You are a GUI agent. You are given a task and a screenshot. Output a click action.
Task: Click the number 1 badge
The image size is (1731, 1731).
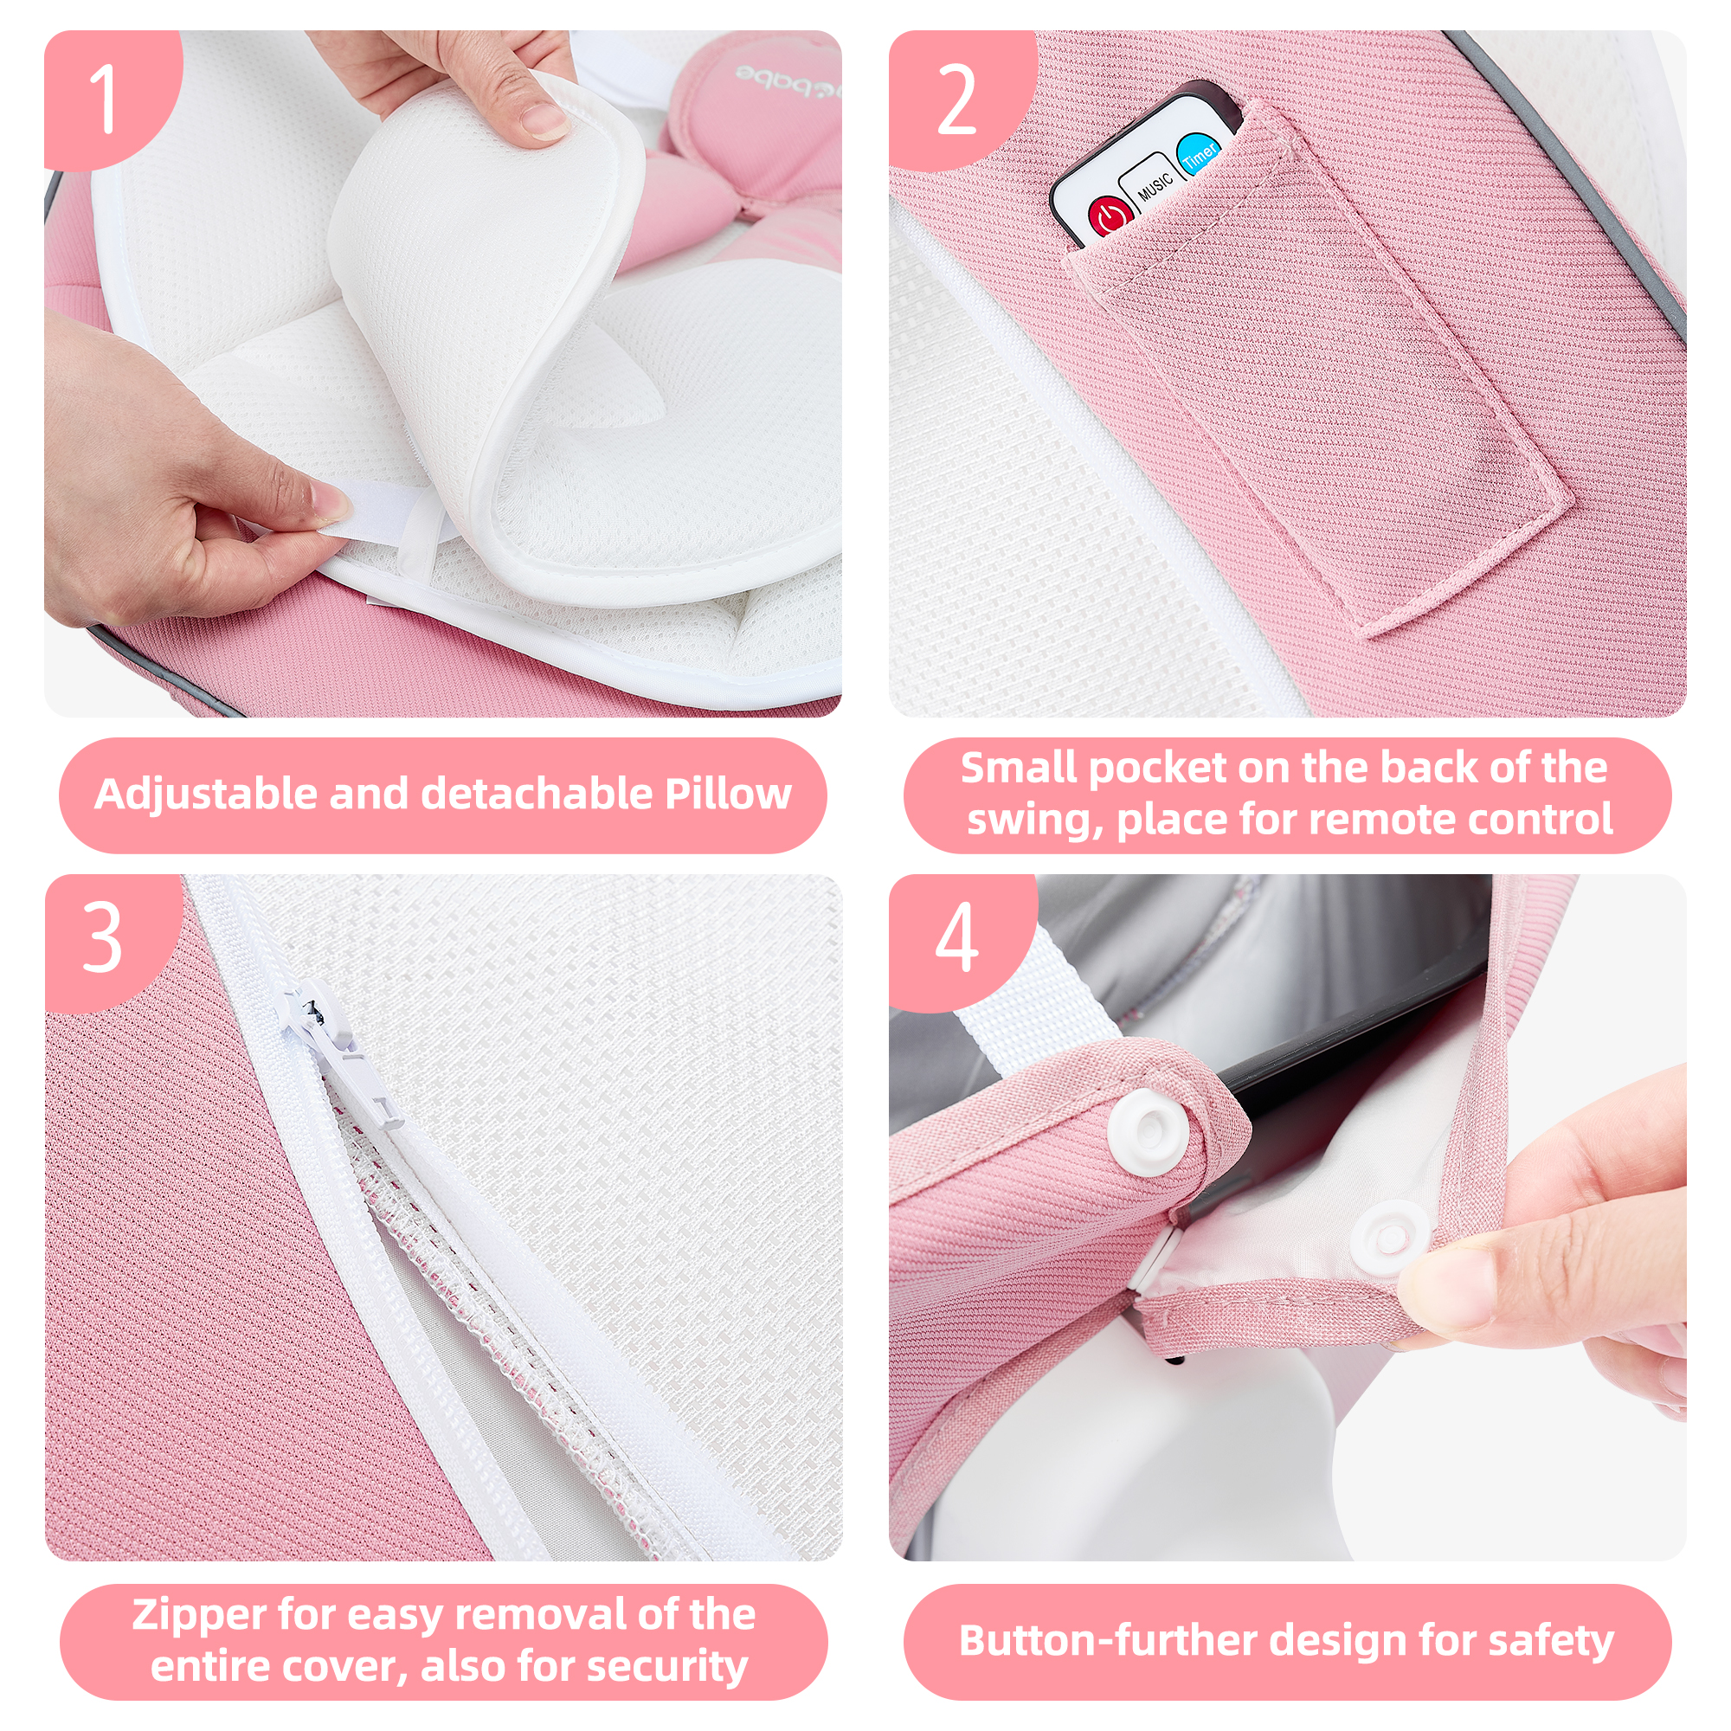tap(106, 100)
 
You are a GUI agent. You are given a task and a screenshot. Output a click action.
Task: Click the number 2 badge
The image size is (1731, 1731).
tap(956, 100)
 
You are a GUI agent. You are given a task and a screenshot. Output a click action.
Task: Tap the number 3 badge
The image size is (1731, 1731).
tap(102, 937)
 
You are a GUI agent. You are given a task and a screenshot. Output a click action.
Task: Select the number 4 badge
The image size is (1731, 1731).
tap(956, 937)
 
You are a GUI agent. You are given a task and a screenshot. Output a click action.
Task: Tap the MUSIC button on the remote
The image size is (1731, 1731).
tap(1154, 183)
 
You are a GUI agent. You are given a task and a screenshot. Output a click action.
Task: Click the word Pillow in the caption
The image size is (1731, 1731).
tap(728, 794)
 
